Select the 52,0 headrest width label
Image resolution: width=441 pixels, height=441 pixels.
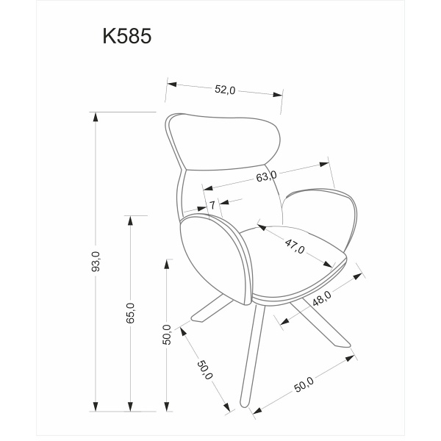click(224, 90)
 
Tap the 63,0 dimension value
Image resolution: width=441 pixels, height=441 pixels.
click(266, 176)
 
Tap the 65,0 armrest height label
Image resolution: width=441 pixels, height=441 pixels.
click(130, 313)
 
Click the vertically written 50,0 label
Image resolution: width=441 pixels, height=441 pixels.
click(168, 334)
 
